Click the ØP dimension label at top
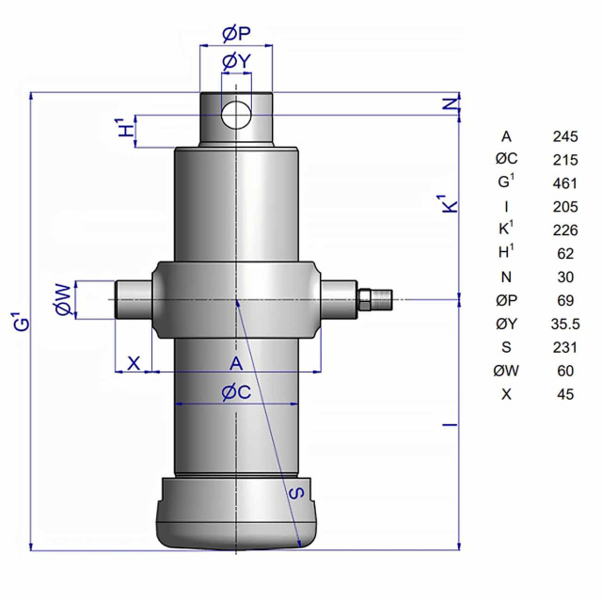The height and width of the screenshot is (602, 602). tap(236, 34)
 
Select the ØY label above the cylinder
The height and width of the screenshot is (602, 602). tap(236, 61)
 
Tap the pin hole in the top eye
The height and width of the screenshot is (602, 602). tap(236, 115)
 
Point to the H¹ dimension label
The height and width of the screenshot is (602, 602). tap(126, 128)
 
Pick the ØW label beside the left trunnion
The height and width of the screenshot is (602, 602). tap(64, 299)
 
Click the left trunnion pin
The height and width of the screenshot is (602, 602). tap(134, 299)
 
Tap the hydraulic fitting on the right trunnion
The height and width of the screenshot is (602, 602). tap(374, 299)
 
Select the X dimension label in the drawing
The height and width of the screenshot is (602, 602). tap(134, 363)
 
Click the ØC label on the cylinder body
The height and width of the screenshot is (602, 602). tap(236, 392)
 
